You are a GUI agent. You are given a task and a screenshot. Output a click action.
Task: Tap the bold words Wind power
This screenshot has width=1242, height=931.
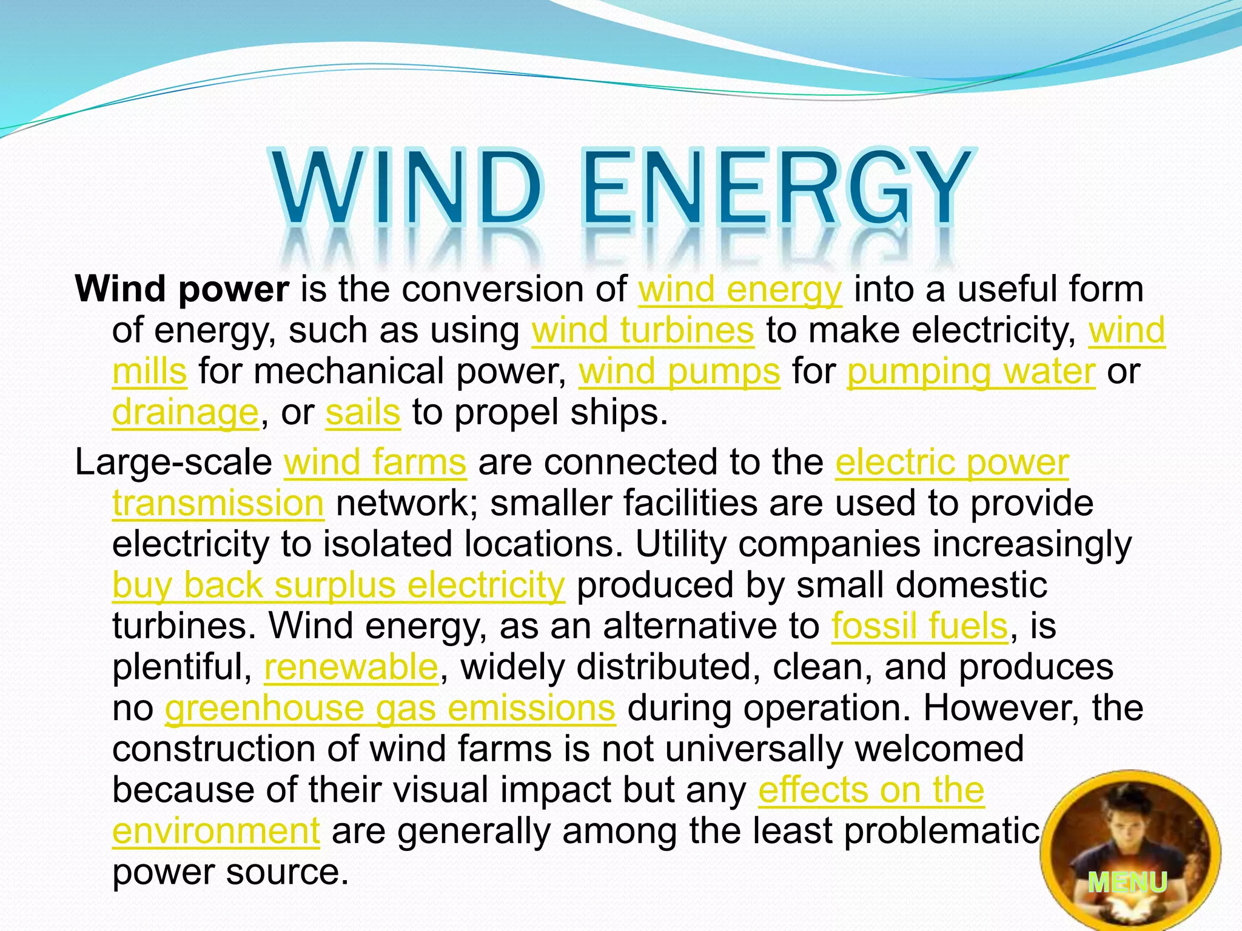[x=182, y=289]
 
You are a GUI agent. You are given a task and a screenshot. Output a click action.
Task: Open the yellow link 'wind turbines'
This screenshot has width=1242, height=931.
[x=643, y=331]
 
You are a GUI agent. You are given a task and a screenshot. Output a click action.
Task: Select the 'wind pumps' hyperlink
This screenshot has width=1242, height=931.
[x=679, y=372]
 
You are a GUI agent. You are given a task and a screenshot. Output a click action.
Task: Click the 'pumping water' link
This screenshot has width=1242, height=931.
[x=971, y=372]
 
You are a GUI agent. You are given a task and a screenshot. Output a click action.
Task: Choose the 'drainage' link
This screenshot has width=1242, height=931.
[x=186, y=413]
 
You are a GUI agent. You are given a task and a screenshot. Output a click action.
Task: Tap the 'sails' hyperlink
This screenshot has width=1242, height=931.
[x=363, y=413]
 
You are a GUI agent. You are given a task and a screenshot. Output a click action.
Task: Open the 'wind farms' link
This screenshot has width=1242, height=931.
[x=375, y=462]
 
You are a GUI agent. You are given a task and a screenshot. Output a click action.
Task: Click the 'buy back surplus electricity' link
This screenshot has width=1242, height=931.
[x=338, y=586]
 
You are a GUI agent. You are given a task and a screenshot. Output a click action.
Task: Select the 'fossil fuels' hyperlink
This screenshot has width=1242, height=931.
[x=919, y=626]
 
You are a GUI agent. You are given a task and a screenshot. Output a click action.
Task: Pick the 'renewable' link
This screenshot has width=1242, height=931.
[x=351, y=667]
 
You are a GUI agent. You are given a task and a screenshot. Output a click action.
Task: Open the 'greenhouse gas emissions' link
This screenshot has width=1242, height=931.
[x=390, y=708]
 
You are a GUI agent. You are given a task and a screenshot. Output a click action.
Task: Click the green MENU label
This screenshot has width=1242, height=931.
[x=1127, y=882]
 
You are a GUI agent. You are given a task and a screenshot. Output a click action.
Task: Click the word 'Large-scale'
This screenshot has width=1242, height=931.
[x=173, y=462]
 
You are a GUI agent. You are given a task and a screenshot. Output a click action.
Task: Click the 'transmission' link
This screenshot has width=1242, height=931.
[x=218, y=504]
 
